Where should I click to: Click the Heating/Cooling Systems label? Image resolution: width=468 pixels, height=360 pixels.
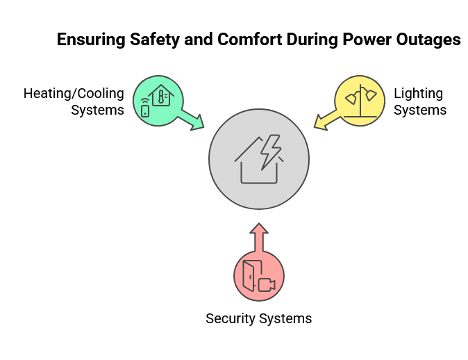coord(74,101)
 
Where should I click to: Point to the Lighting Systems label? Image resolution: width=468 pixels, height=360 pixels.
coord(419,101)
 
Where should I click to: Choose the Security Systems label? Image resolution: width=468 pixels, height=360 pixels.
coord(258,319)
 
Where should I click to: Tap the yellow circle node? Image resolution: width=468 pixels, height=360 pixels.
coord(360,101)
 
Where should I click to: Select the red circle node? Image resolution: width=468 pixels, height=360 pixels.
coord(258,277)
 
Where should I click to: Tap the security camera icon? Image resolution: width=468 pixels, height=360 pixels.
coord(266,284)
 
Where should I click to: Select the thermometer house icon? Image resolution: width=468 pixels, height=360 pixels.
coord(162,96)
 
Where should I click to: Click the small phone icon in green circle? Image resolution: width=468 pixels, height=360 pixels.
coord(145,111)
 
